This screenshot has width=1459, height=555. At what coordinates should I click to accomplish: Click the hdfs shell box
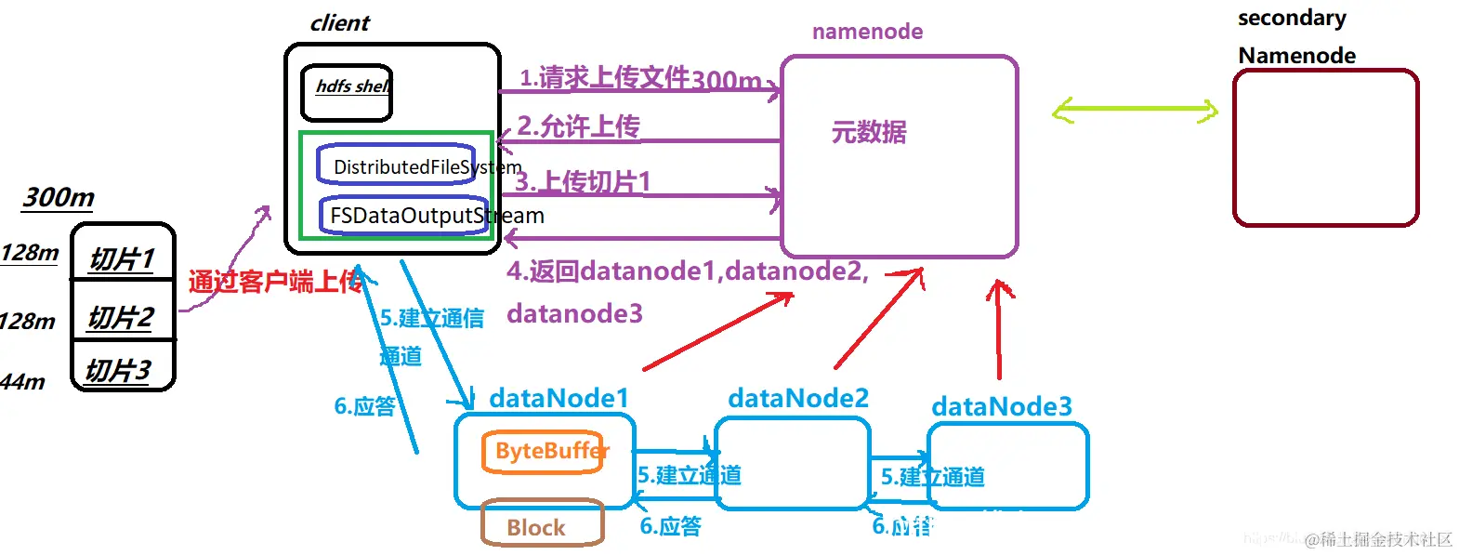[347, 93]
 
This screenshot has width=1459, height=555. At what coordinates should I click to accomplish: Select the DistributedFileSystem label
[427, 167]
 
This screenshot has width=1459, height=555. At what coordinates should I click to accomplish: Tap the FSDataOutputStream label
[436, 216]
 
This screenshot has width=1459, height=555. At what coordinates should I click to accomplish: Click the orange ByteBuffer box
[544, 452]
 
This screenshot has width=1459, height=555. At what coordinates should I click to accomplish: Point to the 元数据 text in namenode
[869, 132]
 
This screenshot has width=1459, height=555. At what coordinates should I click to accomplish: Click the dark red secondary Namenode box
[1325, 148]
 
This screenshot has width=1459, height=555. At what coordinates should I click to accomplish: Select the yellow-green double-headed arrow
[1135, 112]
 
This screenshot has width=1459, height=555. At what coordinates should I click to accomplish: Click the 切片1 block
[123, 258]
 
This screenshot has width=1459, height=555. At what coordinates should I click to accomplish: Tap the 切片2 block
[122, 317]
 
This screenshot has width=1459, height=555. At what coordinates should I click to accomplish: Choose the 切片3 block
[119, 370]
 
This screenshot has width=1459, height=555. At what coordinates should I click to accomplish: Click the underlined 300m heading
[58, 197]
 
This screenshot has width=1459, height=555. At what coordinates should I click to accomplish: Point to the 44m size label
[22, 381]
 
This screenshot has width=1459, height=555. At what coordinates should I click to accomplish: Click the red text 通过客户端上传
[275, 282]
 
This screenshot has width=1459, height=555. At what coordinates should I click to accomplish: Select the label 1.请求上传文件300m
[639, 78]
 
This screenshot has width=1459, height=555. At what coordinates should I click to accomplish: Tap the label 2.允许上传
[578, 126]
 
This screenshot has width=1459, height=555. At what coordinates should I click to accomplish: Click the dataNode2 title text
[798, 398]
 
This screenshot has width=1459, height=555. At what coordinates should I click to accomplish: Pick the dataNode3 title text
[1001, 406]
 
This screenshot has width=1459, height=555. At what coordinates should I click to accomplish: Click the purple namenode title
[867, 32]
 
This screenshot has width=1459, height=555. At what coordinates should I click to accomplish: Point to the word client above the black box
[339, 23]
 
